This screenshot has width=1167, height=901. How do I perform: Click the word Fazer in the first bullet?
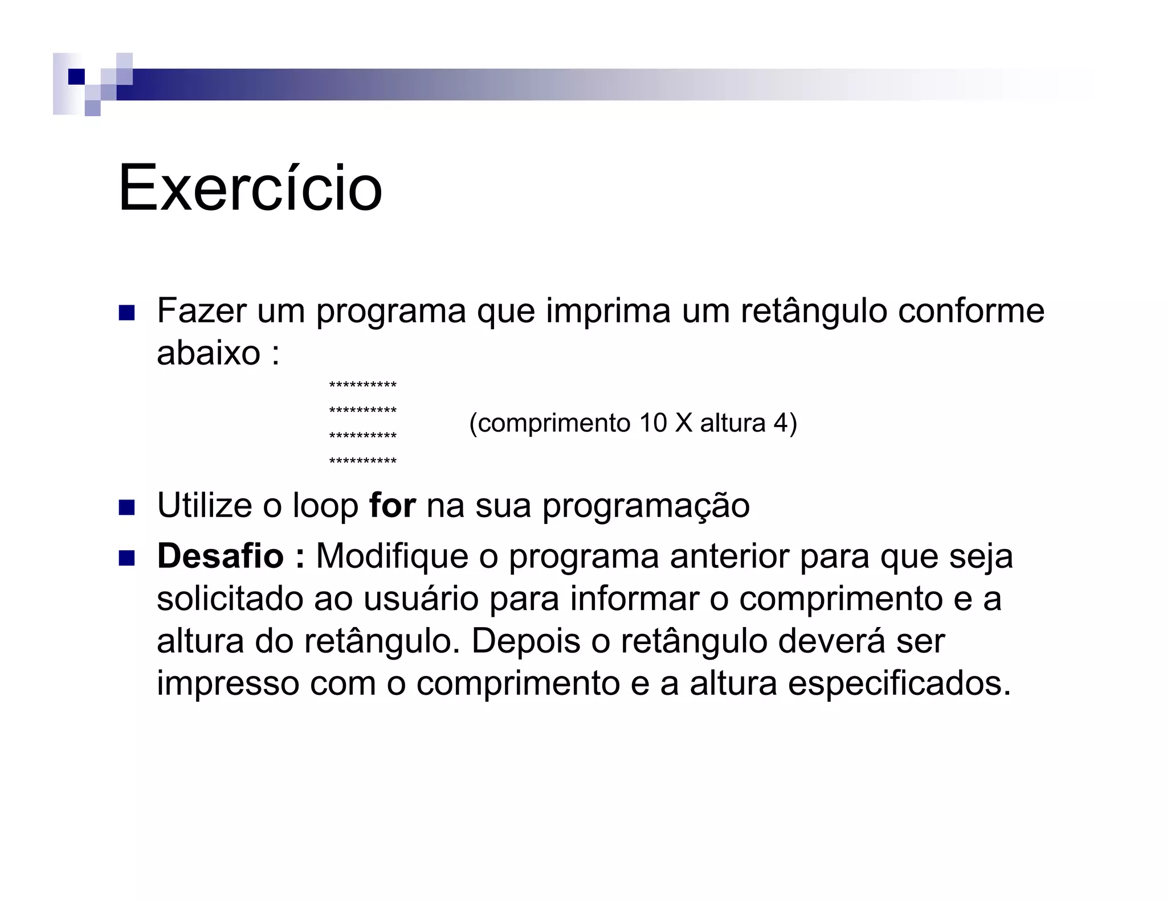click(202, 311)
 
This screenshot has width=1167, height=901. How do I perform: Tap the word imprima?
click(608, 311)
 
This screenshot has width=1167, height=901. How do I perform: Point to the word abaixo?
click(209, 353)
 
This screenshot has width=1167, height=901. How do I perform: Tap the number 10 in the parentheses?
click(652, 423)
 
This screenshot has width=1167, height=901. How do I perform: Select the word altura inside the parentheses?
click(732, 423)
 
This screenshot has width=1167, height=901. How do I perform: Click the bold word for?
click(392, 505)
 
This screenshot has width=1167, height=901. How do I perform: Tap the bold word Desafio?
click(220, 556)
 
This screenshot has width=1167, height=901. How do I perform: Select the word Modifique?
click(392, 556)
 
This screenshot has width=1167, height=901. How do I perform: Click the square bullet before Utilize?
click(127, 507)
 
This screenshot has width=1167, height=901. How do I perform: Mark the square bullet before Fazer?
click(127, 313)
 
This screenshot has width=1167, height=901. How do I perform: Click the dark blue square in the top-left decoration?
click(76, 76)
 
